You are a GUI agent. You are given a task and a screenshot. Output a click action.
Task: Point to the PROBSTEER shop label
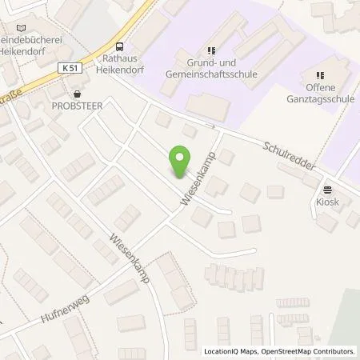pos(76,104)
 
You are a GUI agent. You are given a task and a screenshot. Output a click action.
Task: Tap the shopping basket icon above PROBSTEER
pos(76,91)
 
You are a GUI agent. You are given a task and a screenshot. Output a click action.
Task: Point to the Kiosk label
pos(327,202)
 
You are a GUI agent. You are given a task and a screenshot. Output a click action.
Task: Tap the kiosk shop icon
pos(327,190)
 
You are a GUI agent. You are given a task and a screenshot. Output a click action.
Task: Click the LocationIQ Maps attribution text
pos(232,351)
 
